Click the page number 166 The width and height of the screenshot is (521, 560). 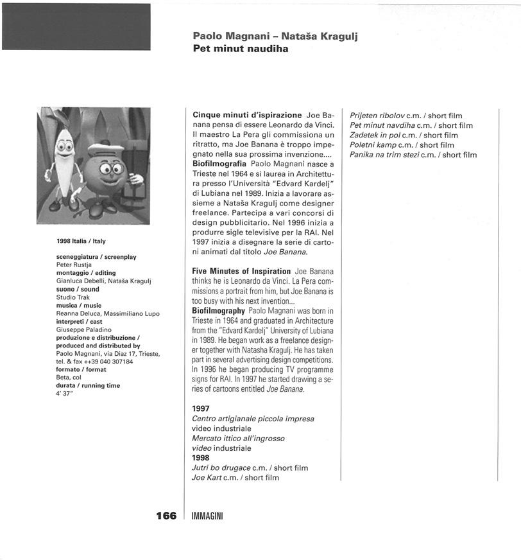click(166, 516)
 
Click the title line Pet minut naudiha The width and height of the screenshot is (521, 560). click(240, 48)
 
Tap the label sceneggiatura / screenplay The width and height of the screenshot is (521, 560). click(96, 257)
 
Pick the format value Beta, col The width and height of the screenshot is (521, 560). click(69, 378)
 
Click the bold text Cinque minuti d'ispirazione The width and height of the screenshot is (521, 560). click(247, 115)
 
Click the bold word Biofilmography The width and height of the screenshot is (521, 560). click(219, 310)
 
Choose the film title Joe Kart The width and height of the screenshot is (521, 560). click(206, 478)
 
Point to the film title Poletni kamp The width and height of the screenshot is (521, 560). click(372, 145)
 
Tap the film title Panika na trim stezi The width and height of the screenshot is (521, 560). click(384, 155)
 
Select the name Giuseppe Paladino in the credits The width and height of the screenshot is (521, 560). click(83, 329)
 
